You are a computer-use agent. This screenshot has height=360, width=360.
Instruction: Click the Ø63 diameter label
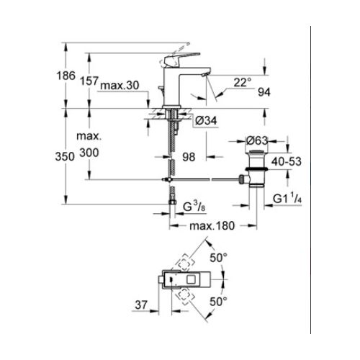pyautogui.click(x=257, y=140)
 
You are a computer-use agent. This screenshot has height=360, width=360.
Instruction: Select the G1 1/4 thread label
pyautogui.click(x=284, y=196)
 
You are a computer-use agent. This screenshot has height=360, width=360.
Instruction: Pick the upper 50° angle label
pyautogui.click(x=218, y=257)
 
